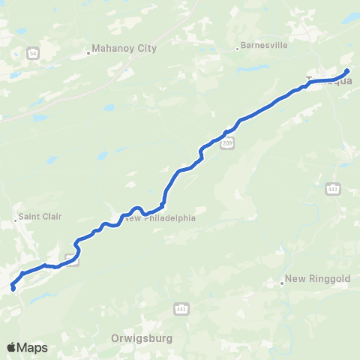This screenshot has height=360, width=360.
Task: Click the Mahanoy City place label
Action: [124, 49]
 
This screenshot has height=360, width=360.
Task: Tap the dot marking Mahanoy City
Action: [88, 53]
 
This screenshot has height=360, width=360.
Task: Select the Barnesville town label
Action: [264, 45]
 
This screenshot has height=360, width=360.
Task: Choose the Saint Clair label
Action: [40, 217]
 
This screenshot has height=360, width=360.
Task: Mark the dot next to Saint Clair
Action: [16, 221]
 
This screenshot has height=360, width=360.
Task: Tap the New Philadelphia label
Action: [160, 218]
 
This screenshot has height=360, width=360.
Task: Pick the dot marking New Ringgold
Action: [283, 283]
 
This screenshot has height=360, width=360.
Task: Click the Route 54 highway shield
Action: [33, 53]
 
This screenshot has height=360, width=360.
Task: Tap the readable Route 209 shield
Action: [228, 142]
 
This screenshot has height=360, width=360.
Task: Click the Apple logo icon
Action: [12, 347]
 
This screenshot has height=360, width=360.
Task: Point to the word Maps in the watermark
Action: [33, 347]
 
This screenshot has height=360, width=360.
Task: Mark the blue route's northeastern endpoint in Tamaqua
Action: [347, 71]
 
